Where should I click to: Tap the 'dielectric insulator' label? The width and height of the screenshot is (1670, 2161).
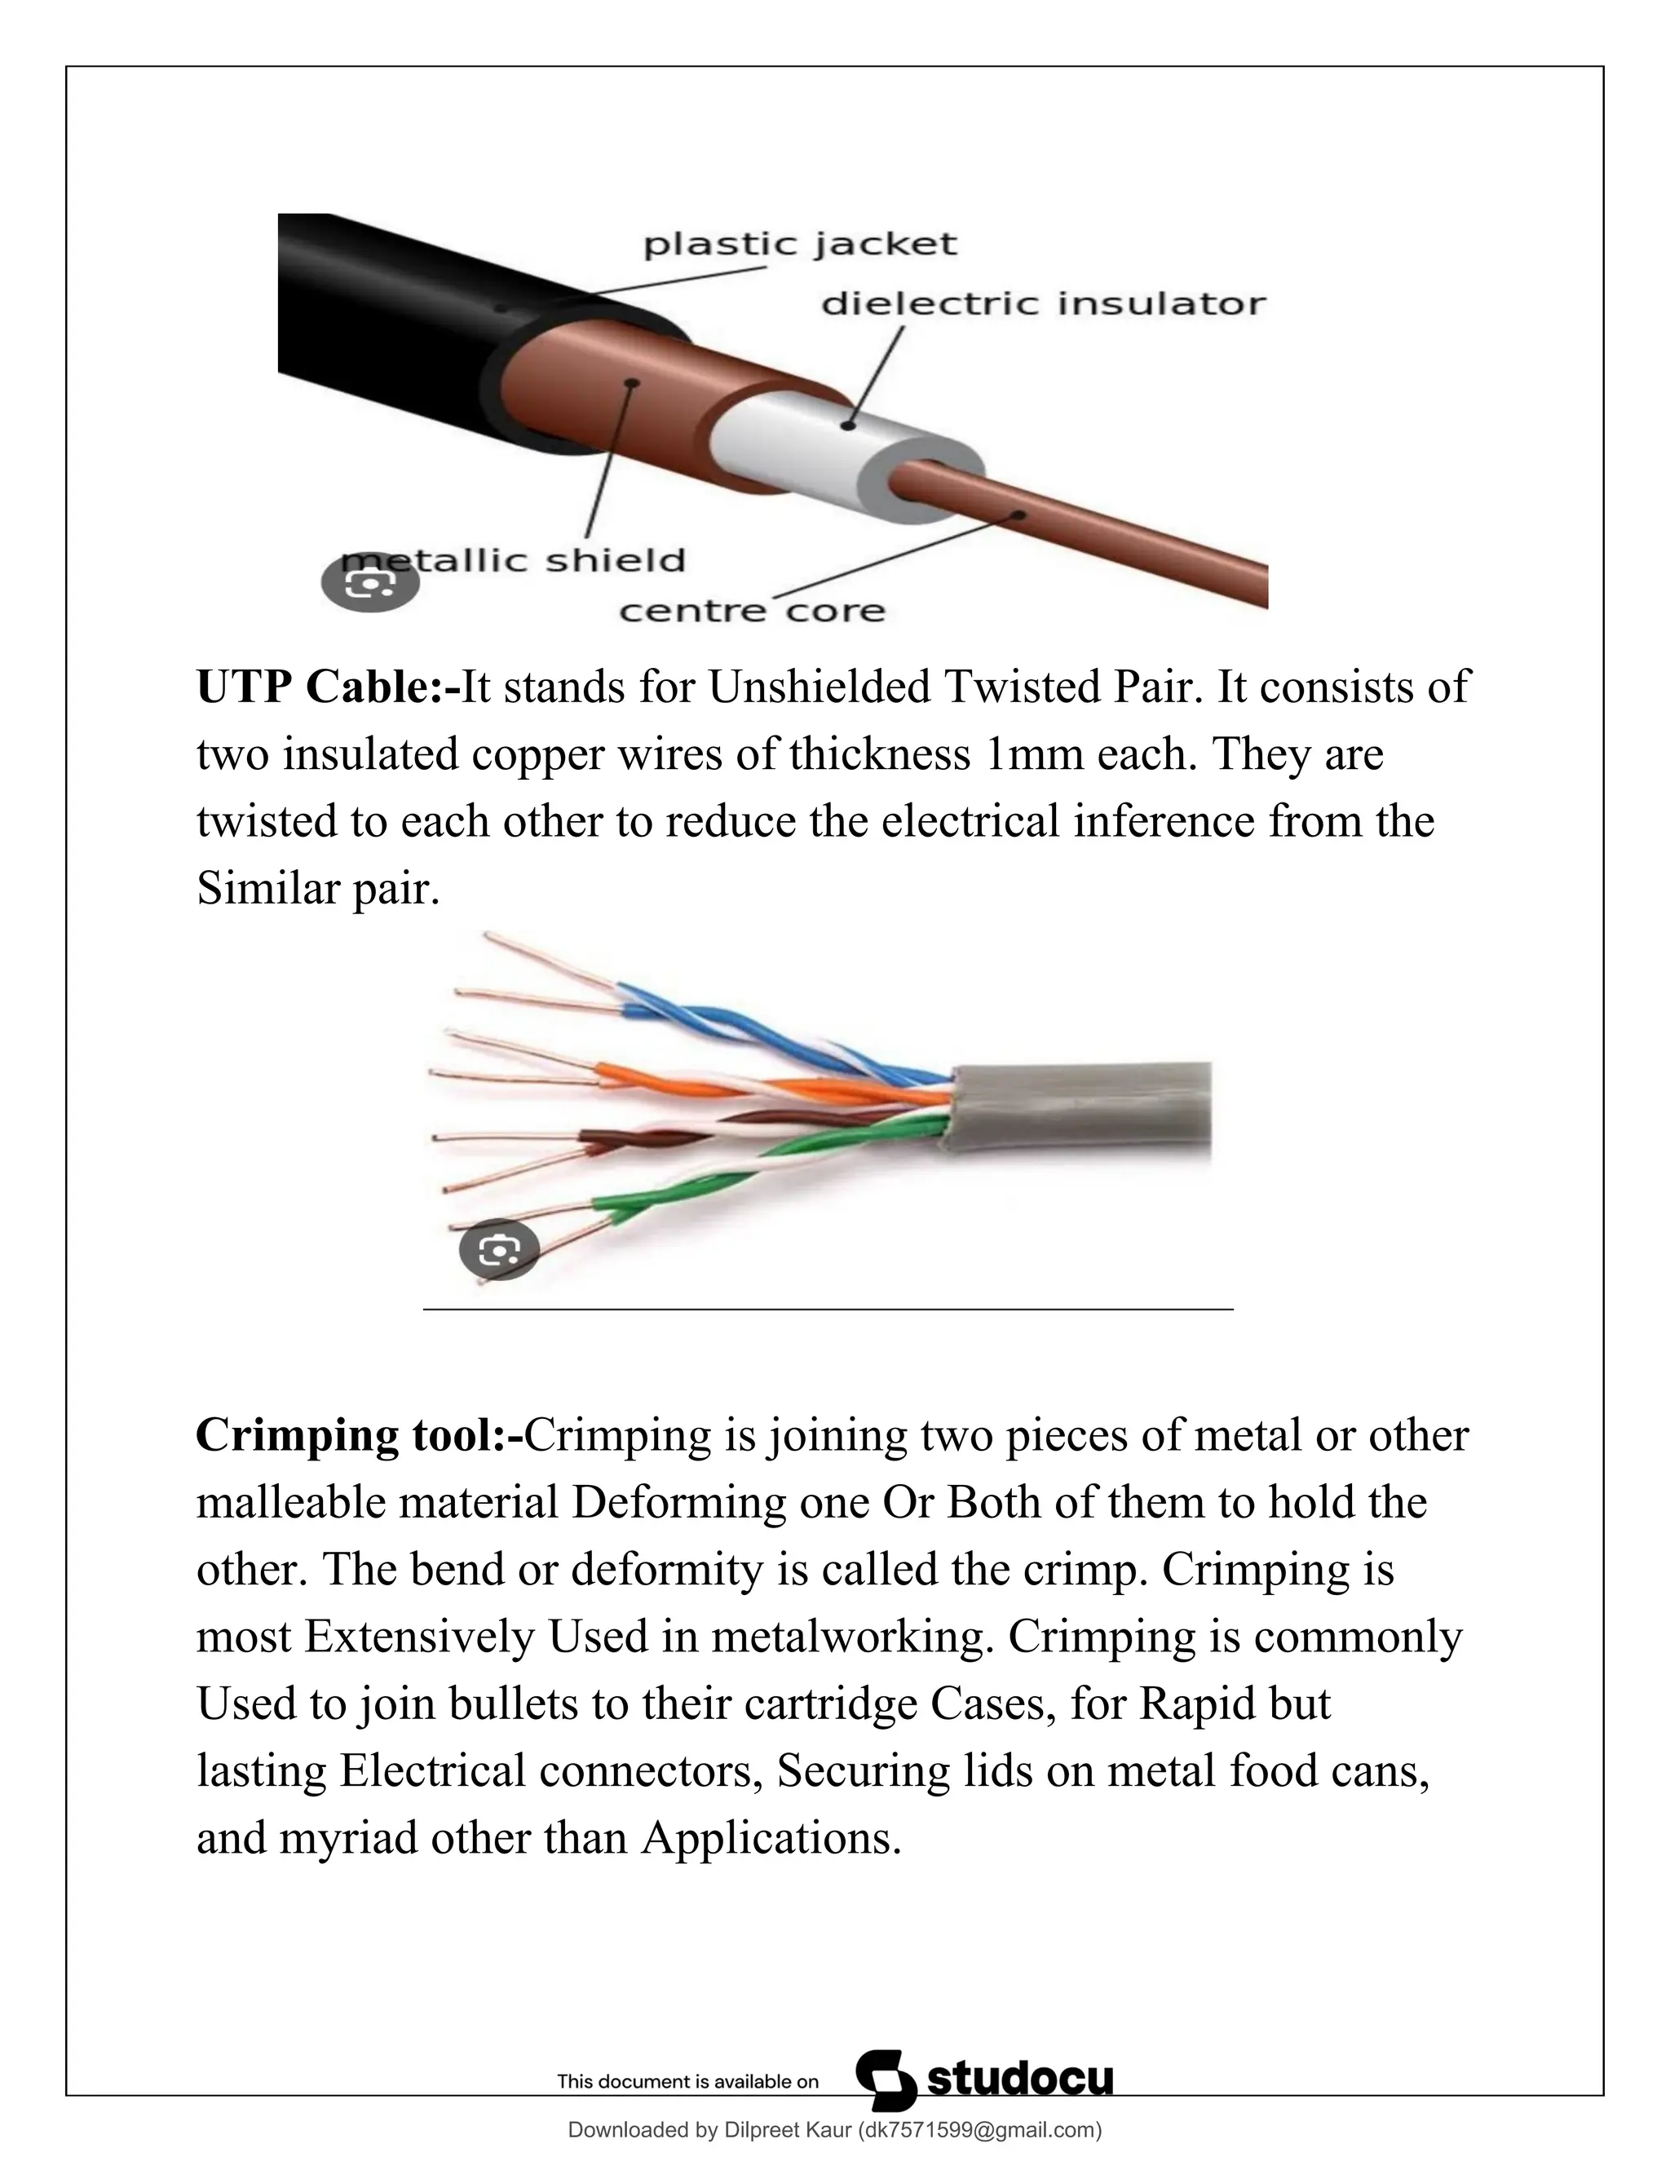(x=1043, y=304)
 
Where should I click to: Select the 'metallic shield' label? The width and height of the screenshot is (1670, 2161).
(x=515, y=561)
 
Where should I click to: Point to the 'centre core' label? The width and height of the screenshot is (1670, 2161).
(x=752, y=612)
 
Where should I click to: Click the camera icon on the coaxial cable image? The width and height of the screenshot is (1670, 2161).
(x=370, y=585)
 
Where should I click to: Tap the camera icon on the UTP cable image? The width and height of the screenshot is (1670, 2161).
(x=498, y=1251)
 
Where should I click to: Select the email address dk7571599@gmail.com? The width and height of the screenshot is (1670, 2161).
(x=979, y=2129)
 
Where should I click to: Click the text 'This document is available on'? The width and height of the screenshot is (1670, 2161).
(x=687, y=2082)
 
